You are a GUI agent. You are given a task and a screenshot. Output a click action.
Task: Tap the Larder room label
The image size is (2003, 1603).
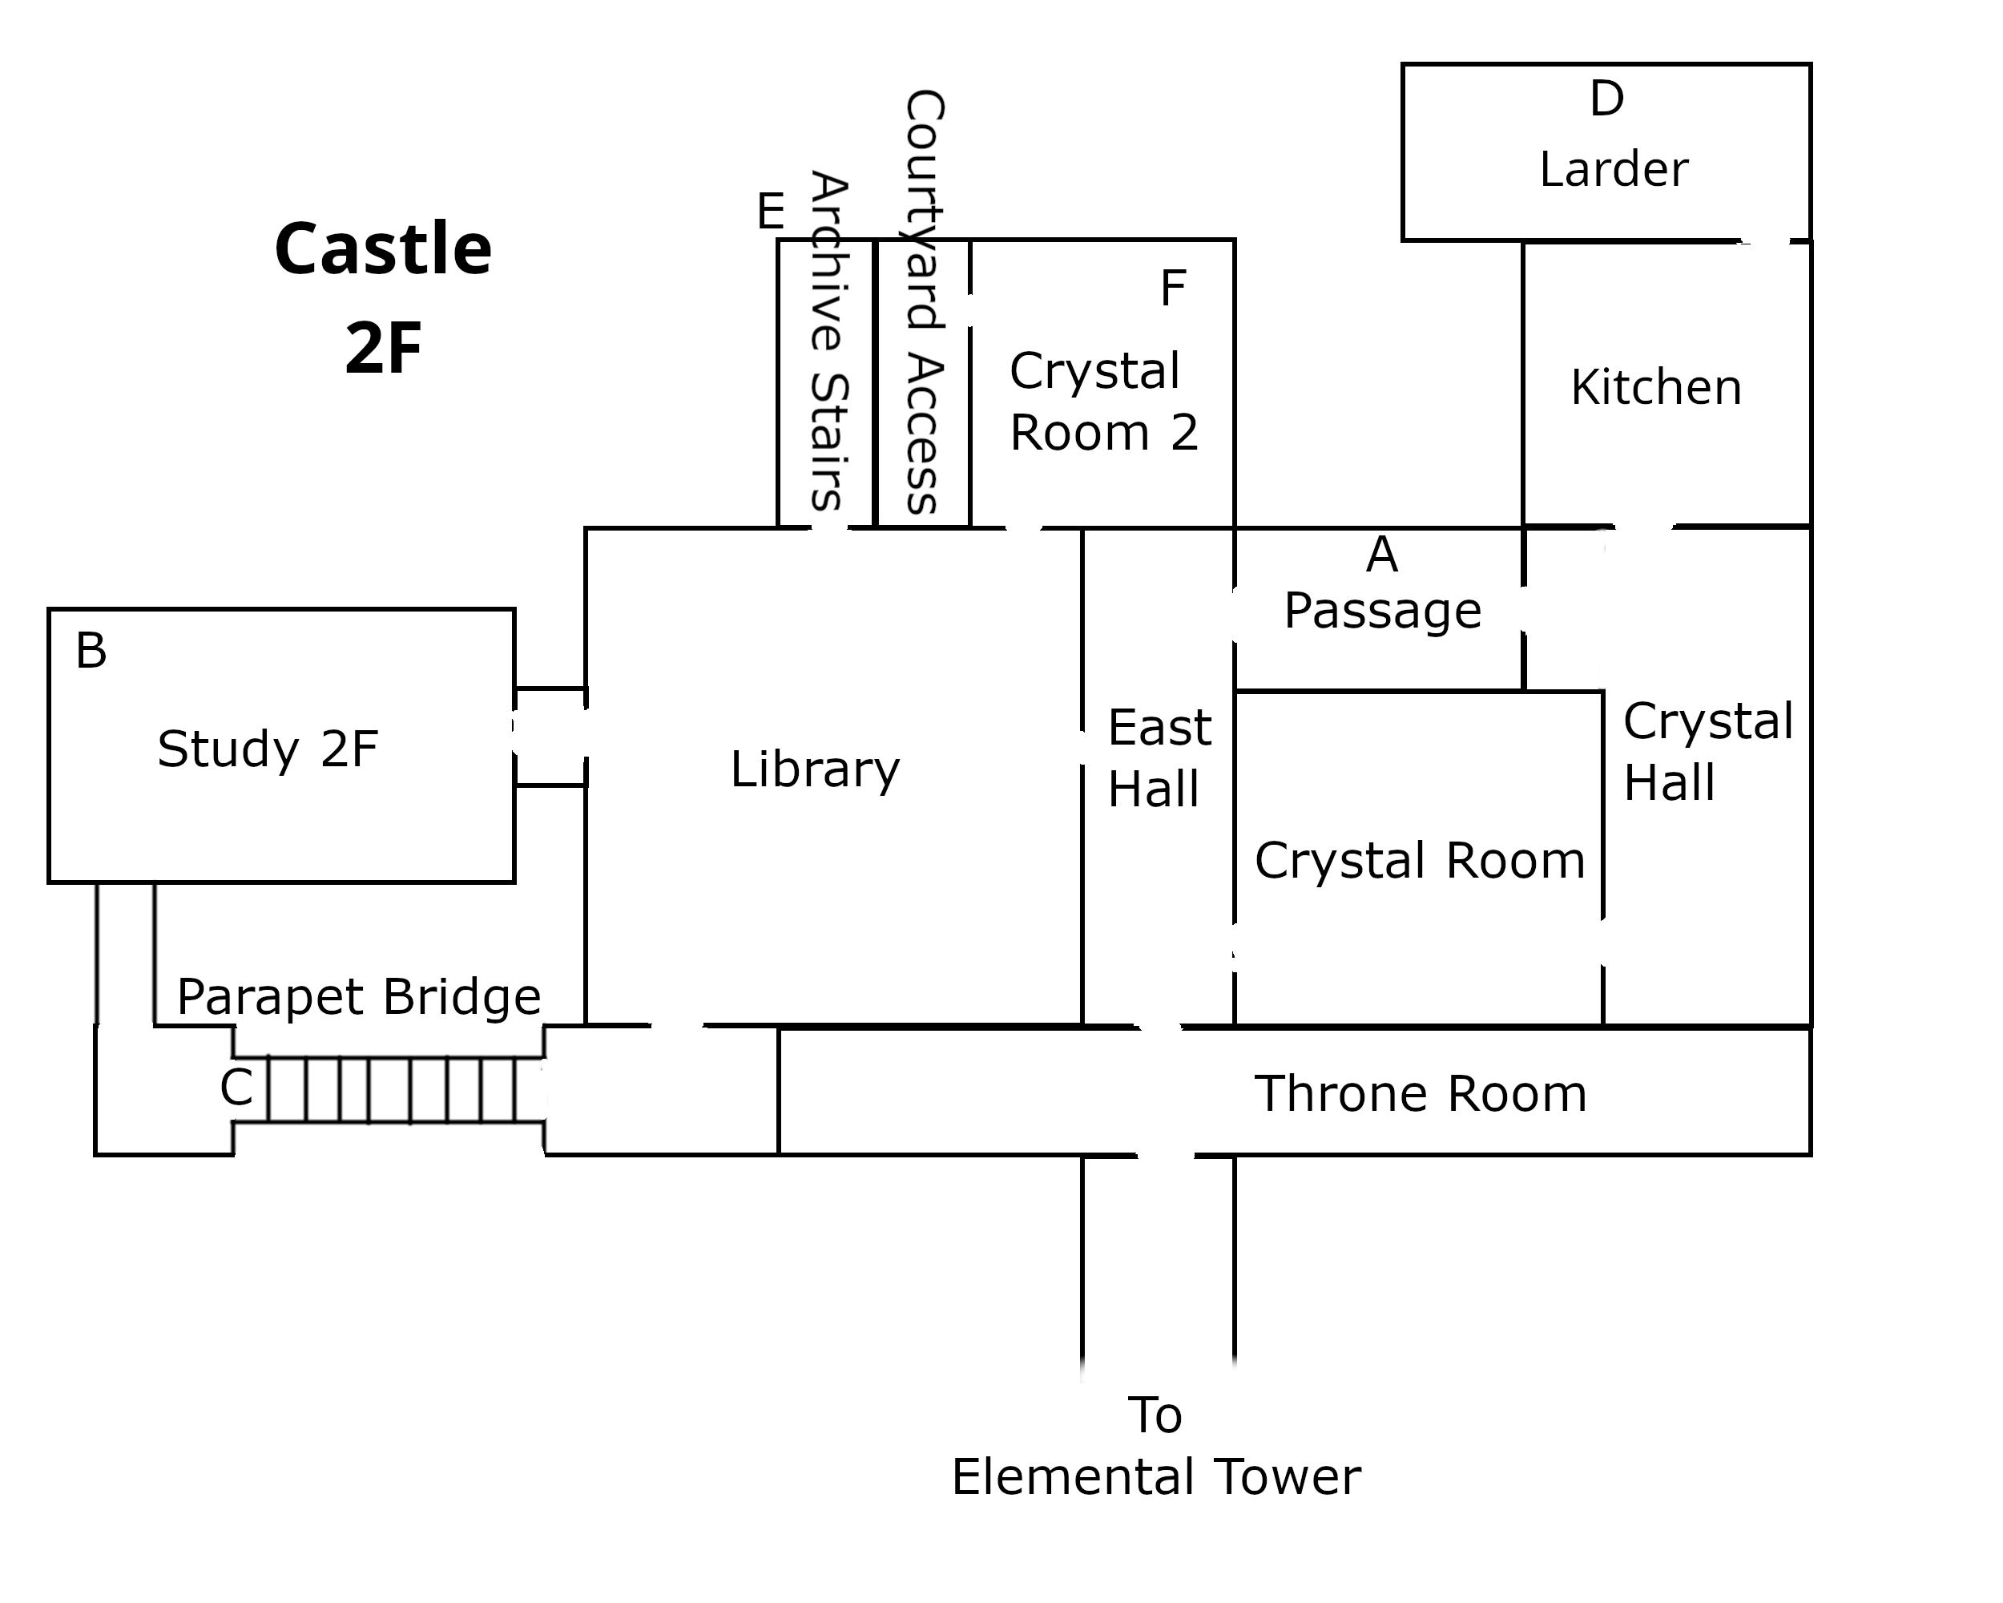point(1614,169)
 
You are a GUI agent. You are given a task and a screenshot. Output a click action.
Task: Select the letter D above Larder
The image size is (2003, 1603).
point(1607,99)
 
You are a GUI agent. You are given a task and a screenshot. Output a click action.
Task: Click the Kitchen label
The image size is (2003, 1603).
point(1655,387)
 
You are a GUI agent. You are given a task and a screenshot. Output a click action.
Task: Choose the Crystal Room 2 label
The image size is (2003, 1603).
point(1104,402)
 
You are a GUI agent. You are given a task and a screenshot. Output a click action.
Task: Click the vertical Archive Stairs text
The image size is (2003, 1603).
point(828,341)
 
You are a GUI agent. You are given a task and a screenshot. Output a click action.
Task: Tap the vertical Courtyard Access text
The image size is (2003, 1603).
point(924,302)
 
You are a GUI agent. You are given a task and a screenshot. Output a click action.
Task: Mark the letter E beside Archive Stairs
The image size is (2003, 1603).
point(770,212)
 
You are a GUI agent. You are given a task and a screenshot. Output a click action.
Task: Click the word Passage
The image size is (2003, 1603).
point(1382,611)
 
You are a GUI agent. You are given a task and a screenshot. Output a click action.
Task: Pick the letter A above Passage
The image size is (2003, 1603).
point(1381,555)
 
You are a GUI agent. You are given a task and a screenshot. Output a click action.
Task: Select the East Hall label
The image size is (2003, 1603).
point(1159,757)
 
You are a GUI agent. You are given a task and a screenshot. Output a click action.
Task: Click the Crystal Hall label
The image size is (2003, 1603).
point(1707,751)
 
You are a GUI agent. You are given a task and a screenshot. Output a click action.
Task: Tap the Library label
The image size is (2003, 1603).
point(815,769)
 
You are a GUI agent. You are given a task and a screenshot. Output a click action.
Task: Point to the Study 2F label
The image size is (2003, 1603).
point(268,749)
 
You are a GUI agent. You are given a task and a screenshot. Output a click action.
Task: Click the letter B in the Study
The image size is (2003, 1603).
point(91,651)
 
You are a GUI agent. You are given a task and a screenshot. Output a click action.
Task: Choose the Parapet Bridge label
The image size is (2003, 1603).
point(359,997)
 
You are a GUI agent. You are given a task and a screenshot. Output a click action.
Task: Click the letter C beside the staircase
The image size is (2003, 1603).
point(236,1088)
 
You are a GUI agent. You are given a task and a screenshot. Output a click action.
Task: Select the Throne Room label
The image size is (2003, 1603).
point(1420,1094)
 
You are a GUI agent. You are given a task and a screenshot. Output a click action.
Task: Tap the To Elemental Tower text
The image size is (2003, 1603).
point(1155,1446)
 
